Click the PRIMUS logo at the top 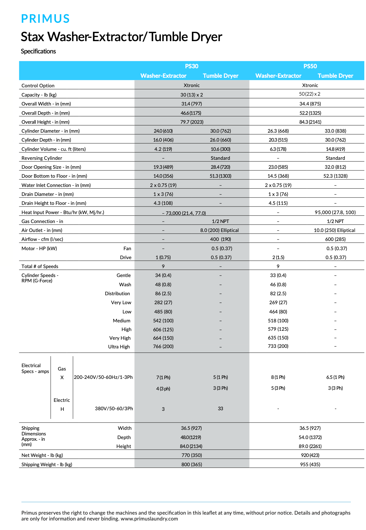45,19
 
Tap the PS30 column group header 192,66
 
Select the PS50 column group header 310,66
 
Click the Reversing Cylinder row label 42,158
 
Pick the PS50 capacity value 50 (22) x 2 310,94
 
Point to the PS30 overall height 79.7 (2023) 192,122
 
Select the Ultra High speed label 119,347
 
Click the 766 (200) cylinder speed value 163,346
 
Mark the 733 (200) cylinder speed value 278,346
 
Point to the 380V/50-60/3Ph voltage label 114,409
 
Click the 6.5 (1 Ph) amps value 335,377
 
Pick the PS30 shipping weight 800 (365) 192,465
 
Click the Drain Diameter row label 48,194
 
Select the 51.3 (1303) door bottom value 220,176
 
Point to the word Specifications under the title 39,51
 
